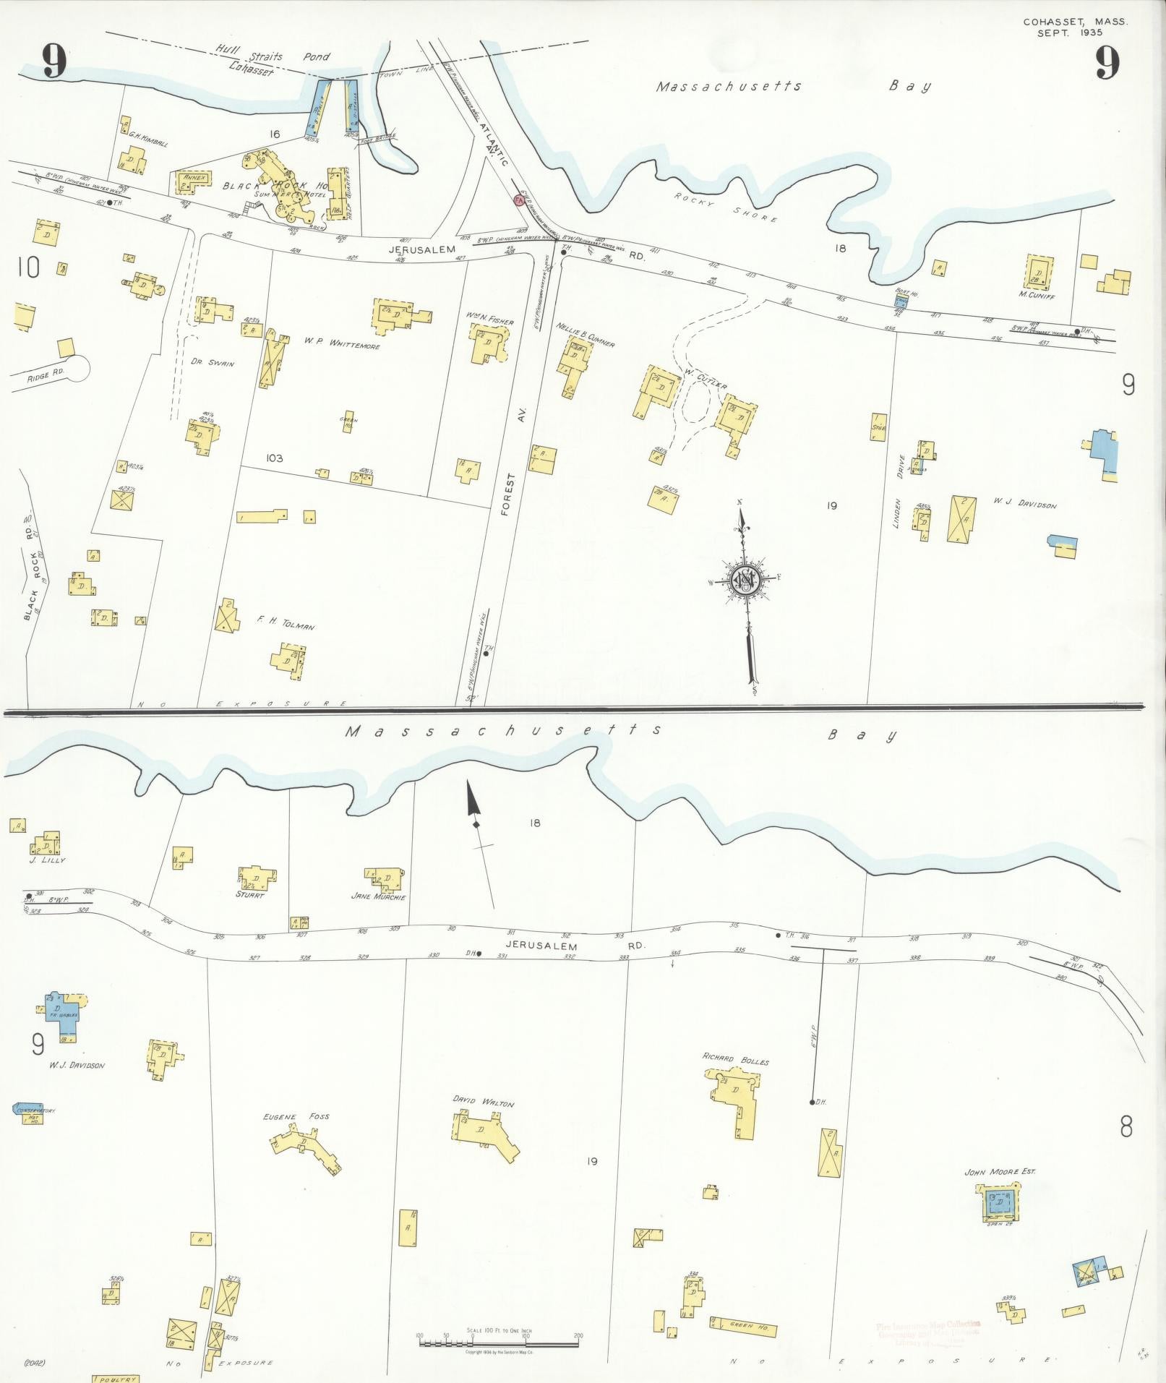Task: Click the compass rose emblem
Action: click(x=745, y=578)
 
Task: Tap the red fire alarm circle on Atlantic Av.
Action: click(x=518, y=199)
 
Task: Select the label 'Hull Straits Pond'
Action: click(x=273, y=56)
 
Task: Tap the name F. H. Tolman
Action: click(x=286, y=622)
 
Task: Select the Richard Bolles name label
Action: click(x=735, y=1059)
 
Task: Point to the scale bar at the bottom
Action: click(x=499, y=1343)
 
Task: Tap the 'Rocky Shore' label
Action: click(x=726, y=207)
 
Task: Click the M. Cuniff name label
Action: click(x=1037, y=294)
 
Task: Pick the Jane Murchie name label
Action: click(x=378, y=896)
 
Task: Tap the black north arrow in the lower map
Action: click(x=473, y=804)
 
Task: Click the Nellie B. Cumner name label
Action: click(x=585, y=335)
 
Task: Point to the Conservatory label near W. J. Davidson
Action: click(x=35, y=1110)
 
